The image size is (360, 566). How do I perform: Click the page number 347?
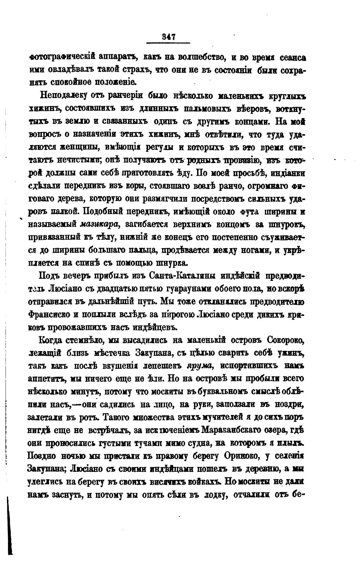[x=168, y=37]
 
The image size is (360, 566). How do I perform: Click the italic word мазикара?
[x=99, y=224]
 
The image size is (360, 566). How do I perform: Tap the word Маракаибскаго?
[x=230, y=430]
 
